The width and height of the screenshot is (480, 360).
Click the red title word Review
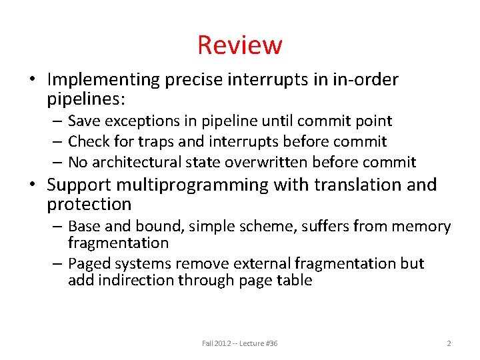240,45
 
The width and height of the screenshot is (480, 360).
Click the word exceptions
147,121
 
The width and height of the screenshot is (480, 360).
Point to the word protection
89,204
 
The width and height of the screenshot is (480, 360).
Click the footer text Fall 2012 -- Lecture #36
240,343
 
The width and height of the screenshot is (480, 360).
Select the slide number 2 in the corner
449,343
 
